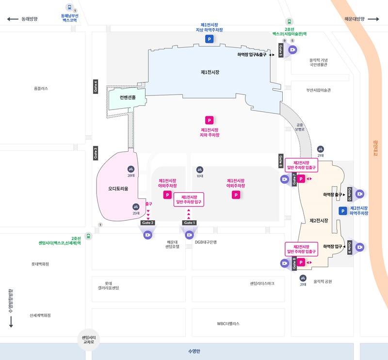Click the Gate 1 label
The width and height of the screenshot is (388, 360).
tap(189, 222)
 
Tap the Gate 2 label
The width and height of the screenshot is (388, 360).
tap(147, 222)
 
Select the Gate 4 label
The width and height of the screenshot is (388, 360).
tap(96, 86)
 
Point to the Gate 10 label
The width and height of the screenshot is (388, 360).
tap(349, 194)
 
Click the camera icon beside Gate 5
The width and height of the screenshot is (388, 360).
tap(292, 49)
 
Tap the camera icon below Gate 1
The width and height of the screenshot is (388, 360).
tap(189, 235)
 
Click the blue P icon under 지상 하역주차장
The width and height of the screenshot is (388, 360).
tap(209, 39)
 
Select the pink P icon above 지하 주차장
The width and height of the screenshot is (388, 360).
tap(210, 120)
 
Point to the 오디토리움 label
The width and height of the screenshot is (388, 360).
tap(118, 189)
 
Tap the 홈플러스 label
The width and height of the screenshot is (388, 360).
tap(41, 89)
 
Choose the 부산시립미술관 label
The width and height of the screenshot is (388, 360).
tap(318, 90)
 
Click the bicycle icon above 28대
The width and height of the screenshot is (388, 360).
tap(130, 169)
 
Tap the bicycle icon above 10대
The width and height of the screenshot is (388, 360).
tap(199, 170)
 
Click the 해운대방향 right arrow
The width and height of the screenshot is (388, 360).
tap(373, 19)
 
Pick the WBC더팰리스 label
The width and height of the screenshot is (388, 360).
tap(228, 324)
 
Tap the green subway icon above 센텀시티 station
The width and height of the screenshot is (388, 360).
tap(88, 236)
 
